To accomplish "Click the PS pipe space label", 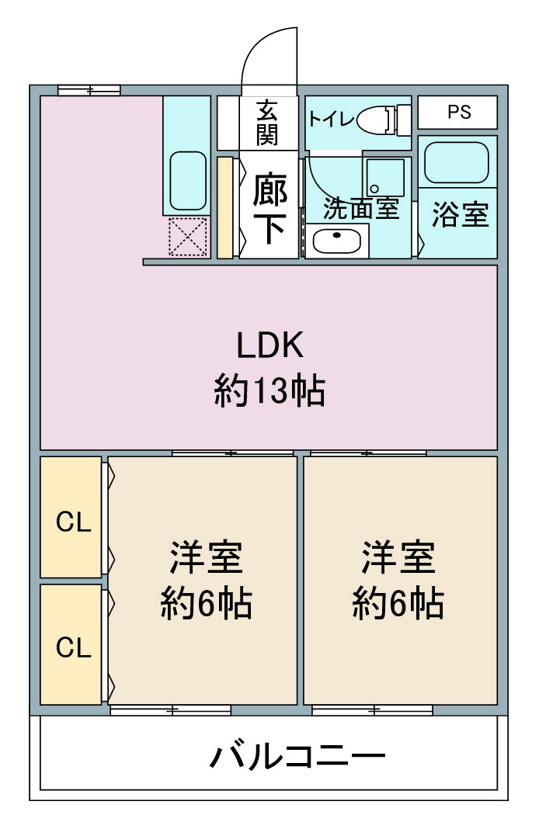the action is pos(458,112).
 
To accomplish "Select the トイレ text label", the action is pos(332,119).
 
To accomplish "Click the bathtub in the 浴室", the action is pos(457,162).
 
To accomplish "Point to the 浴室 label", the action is pos(460,215).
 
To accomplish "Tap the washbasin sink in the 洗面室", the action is pos(336,241).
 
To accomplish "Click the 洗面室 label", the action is pos(360,209).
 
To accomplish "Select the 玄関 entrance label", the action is pos(267,123).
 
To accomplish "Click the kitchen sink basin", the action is pos(188,182).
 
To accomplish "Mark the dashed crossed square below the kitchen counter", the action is pos(188,237).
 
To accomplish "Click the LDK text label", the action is pos(269,345).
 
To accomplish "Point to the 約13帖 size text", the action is pos(269,390).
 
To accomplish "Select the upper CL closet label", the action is pos(74,522).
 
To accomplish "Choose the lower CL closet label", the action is pos(74,647).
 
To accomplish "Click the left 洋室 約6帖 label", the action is pos(207,580).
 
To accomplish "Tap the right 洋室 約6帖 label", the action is pos(398,580).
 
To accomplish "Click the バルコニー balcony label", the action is pos(297,757).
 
